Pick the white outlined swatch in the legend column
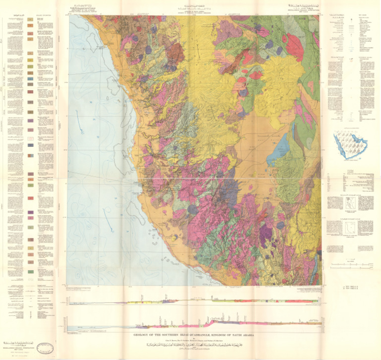(30, 280)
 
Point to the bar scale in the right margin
(347, 266)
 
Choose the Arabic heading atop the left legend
(15, 15)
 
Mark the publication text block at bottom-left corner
(17, 347)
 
